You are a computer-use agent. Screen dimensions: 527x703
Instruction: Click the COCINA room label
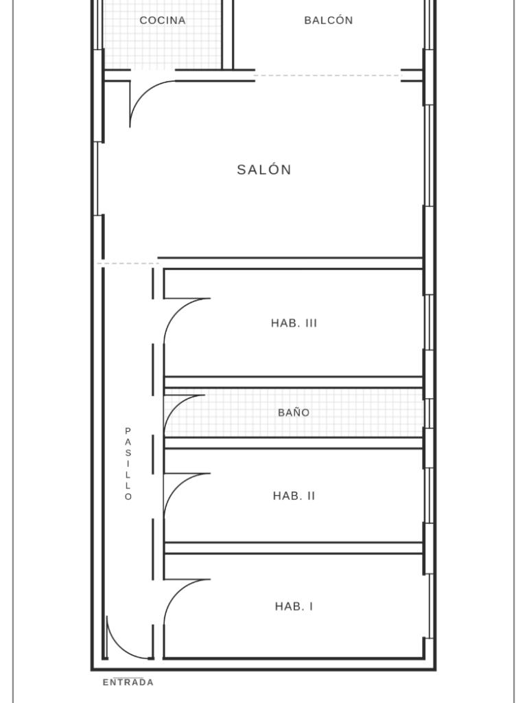tap(162, 20)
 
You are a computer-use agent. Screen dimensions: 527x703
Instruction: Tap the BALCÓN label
tap(329, 20)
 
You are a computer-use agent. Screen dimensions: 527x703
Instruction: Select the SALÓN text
tap(264, 170)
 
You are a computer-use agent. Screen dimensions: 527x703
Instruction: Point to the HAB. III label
tap(294, 323)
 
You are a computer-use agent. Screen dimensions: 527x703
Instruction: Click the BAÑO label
tap(294, 413)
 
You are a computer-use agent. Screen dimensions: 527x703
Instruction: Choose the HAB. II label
tap(294, 496)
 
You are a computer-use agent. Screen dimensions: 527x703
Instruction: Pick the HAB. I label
tap(294, 607)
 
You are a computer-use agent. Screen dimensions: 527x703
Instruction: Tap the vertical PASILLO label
tap(128, 463)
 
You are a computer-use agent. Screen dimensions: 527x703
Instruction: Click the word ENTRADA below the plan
tap(128, 682)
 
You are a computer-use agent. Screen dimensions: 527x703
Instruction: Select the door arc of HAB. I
tap(176, 592)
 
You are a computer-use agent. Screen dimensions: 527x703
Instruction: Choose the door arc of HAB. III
tap(176, 311)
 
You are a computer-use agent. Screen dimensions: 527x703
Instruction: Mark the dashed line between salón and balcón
tap(327, 76)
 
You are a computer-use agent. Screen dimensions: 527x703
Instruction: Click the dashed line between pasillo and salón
tap(128, 264)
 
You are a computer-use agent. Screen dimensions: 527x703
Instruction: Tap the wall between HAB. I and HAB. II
tap(294, 548)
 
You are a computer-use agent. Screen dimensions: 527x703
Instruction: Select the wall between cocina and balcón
tap(228, 34)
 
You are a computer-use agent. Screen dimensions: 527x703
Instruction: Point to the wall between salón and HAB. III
tap(290, 263)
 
